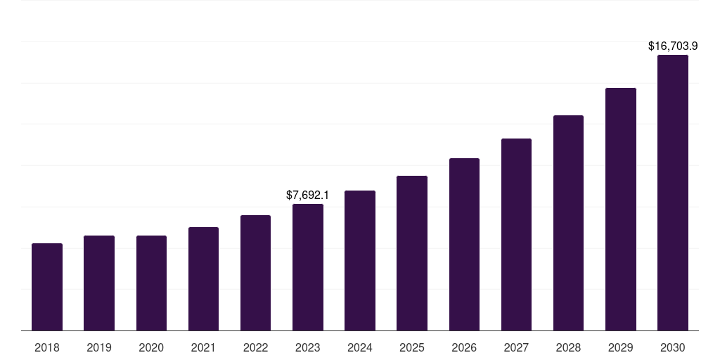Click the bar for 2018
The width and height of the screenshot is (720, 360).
tap(47, 287)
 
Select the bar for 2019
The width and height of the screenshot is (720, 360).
tap(99, 283)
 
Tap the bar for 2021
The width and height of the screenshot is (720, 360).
tap(203, 278)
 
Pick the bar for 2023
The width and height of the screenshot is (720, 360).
tap(308, 267)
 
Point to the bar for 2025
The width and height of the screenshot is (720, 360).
tap(412, 253)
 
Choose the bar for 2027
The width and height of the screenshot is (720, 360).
tap(516, 234)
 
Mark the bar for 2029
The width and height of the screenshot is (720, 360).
tap(620, 209)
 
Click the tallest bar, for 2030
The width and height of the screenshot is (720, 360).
tap(673, 193)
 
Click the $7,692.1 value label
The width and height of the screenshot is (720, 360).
tap(307, 195)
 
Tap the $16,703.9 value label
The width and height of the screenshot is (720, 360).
tap(672, 46)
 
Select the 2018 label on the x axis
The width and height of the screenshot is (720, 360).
tap(47, 347)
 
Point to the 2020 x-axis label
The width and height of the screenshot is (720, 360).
tap(151, 347)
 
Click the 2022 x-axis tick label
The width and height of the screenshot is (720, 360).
tap(255, 347)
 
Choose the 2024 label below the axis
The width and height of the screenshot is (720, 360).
tap(360, 347)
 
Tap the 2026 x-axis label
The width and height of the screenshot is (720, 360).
tap(464, 347)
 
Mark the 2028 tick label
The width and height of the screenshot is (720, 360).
tap(568, 347)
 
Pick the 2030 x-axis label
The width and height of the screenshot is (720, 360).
tap(673, 347)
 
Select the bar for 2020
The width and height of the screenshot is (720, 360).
tap(151, 283)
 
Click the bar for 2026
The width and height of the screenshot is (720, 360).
tap(464, 244)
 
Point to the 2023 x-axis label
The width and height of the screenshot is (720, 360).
tap(308, 347)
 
